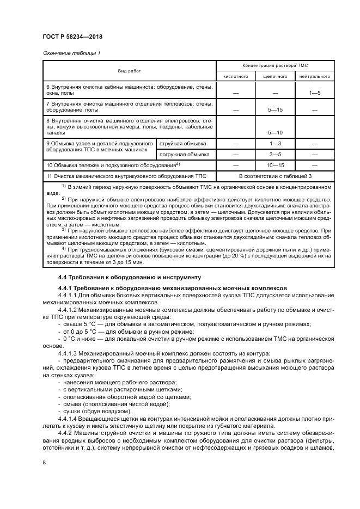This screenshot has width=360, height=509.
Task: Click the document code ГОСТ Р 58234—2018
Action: (x=72, y=37)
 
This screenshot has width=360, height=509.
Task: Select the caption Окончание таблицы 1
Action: (x=71, y=53)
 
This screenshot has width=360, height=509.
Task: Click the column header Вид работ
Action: (x=129, y=71)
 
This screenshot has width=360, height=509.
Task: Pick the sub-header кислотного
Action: (x=236, y=77)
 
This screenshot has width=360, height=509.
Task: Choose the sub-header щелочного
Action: (x=275, y=77)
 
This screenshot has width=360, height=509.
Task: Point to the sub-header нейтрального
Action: (x=314, y=77)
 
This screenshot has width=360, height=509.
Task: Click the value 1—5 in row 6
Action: (x=314, y=94)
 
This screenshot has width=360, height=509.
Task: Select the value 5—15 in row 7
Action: (x=275, y=110)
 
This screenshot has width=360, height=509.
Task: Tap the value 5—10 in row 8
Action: (x=275, y=132)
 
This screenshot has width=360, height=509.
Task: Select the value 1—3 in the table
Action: (x=275, y=143)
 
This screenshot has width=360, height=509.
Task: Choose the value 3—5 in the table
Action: (x=275, y=154)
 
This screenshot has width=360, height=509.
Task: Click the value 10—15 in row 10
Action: (x=275, y=165)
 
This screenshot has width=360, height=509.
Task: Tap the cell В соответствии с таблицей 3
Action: (x=275, y=176)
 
